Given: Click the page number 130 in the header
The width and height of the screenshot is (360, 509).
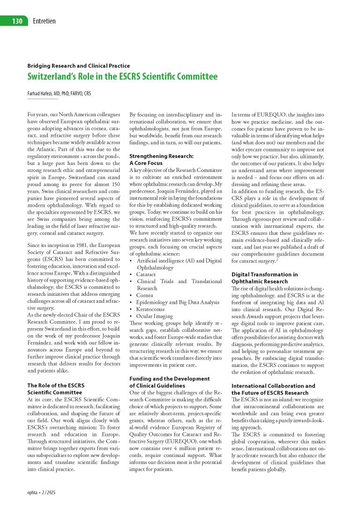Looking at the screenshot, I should pos(16,21).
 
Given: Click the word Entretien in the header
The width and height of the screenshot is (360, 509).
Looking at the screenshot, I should pos(45,21).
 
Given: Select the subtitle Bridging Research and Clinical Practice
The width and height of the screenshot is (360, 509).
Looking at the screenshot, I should pos(79,66).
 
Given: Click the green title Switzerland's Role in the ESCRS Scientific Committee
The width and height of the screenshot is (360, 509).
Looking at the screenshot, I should pos(122,76).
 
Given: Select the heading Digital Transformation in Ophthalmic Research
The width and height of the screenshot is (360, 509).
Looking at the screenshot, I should pos(265,277).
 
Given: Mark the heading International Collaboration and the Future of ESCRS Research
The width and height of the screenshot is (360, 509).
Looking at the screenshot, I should pos(273,389).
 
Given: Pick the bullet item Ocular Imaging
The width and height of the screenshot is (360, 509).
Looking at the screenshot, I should pos(155,316).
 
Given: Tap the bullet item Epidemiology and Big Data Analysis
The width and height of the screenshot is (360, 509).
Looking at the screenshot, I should pos(178,302).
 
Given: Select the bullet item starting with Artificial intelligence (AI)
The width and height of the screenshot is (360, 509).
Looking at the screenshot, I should pos(179,260).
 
